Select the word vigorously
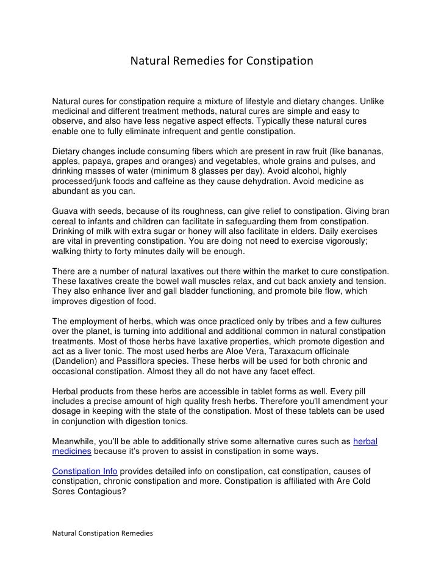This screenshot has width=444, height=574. click(x=355, y=241)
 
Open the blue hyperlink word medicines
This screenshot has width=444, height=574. click(x=71, y=451)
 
